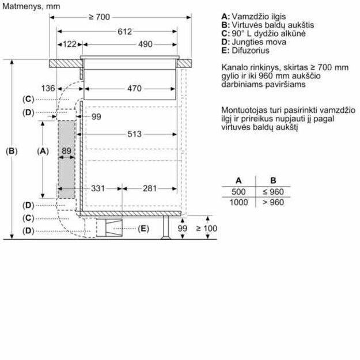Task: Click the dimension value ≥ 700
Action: click(99, 17)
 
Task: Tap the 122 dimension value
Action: click(70, 44)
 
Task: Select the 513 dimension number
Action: click(136, 134)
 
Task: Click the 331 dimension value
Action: click(98, 188)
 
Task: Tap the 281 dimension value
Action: click(150, 188)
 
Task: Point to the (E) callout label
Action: click(143, 229)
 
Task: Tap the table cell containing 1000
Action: click(238, 202)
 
